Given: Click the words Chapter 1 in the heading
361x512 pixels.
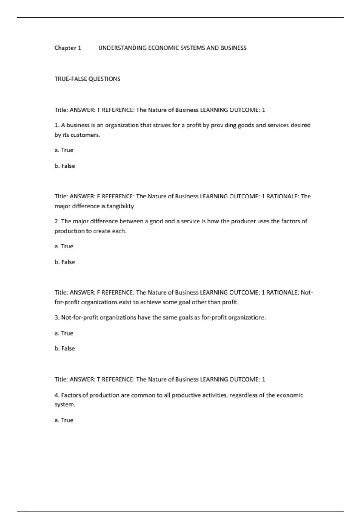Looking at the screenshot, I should tap(68, 48).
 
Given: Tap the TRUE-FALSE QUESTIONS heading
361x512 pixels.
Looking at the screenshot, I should tap(87, 79).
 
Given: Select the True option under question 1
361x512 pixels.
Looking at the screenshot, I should tap(64, 150).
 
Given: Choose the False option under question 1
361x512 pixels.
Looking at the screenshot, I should tap(65, 166).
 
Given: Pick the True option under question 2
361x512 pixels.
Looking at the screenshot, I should tap(64, 246).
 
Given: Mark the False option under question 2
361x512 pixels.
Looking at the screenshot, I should tap(65, 262).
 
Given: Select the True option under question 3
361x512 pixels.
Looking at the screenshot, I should tap(64, 333).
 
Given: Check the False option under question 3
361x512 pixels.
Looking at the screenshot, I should tap(65, 348).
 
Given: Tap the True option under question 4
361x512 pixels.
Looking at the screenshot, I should tap(64, 420).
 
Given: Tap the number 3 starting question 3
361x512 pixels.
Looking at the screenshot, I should tap(56, 317).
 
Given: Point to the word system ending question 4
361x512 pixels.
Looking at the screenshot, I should tap(64, 404).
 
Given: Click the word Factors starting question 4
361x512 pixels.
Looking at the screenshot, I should tap(71, 395).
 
